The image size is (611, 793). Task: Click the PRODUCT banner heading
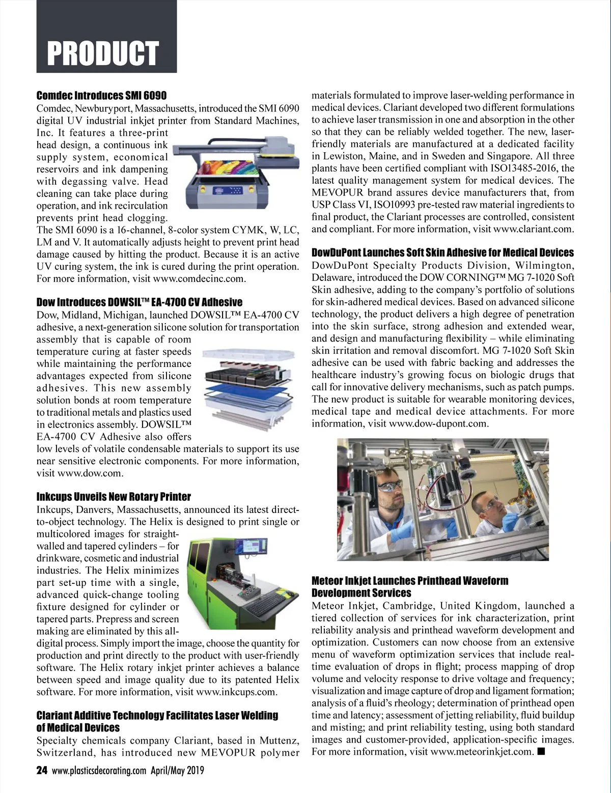[103, 53]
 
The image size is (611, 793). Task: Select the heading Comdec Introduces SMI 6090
[101, 96]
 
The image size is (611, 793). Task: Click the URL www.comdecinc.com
[199, 279]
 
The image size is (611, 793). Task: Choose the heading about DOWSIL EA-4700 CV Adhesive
[139, 302]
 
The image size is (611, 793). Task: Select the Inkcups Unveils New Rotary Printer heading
[114, 497]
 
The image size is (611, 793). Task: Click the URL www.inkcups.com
[236, 692]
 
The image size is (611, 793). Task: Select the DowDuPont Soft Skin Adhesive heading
[442, 253]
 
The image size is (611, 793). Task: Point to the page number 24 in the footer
[42, 770]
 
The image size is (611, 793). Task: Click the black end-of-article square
[541, 752]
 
